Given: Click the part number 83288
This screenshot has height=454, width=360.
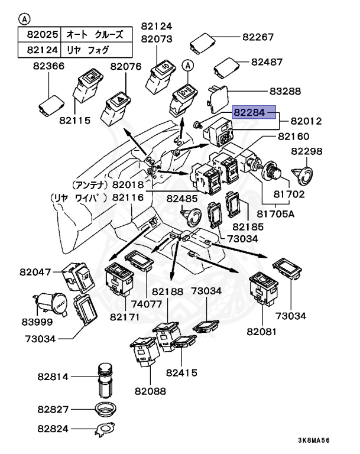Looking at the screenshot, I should click(x=285, y=91).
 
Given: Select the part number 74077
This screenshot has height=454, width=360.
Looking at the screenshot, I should click(x=147, y=304).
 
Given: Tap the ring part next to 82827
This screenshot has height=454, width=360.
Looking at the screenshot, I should click(x=107, y=408).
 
